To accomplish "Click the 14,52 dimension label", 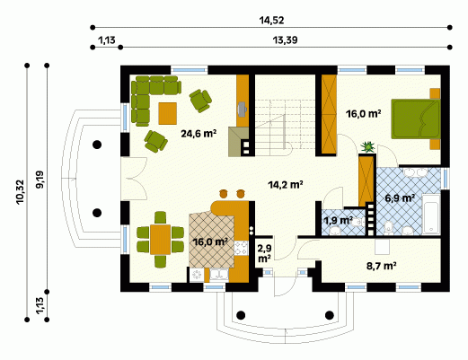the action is click(271, 21).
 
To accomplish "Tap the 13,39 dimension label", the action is click(285, 40).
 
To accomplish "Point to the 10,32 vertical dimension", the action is click(20, 192).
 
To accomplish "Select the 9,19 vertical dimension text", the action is click(40, 180).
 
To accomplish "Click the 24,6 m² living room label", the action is click(199, 134).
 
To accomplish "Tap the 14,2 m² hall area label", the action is click(286, 185).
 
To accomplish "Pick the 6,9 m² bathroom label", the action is click(400, 198).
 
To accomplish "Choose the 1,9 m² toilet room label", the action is click(339, 221).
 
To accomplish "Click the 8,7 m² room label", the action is click(382, 266).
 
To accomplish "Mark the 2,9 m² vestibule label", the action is click(264, 253).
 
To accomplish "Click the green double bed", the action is click(416, 119).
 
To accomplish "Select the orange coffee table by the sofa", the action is click(167, 113).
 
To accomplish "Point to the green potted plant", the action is click(368, 146).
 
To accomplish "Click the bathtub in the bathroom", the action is click(431, 214).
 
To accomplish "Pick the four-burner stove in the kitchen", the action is click(241, 248).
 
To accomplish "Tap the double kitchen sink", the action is click(219, 275).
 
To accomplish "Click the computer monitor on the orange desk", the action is click(242, 109).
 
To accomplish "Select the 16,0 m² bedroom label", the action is click(363, 114).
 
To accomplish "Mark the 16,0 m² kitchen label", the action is click(210, 241).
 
